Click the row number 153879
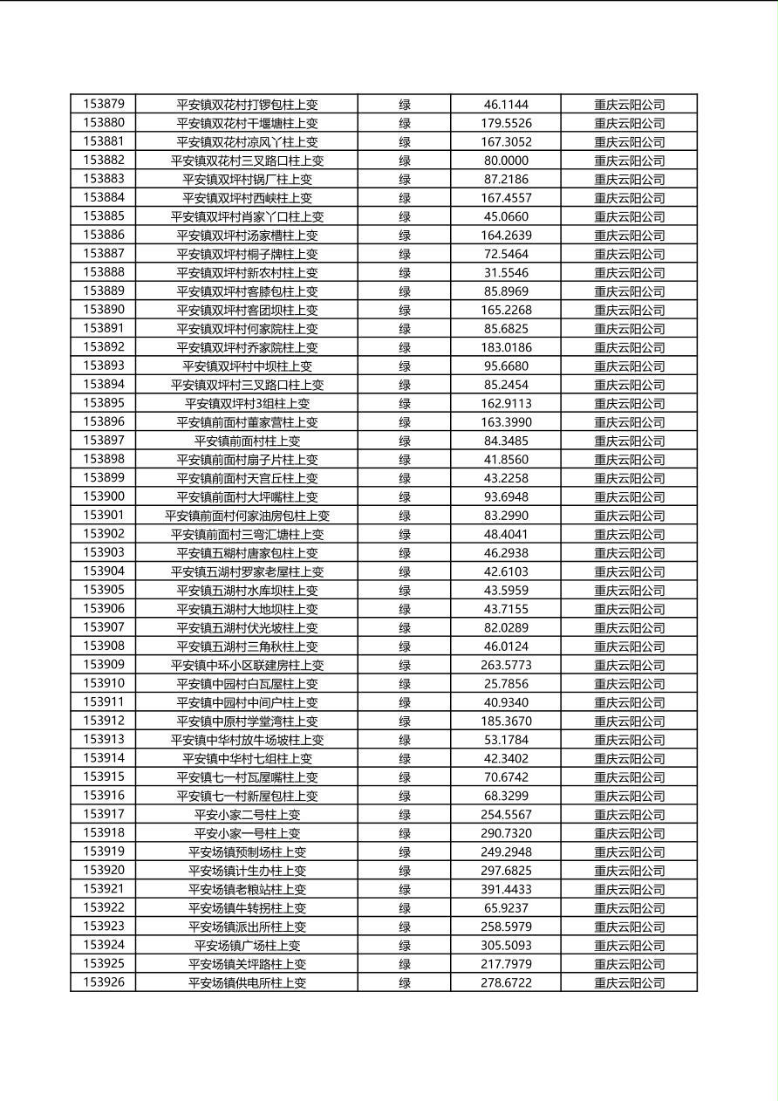point(104,104)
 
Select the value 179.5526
point(506,123)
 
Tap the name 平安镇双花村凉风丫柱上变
point(247,141)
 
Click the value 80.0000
point(506,161)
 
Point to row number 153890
point(104,310)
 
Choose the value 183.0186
point(506,347)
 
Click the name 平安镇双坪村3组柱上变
point(247,403)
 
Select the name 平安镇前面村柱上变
point(247,441)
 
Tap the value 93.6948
point(506,496)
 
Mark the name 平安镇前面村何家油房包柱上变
point(247,516)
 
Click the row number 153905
point(104,590)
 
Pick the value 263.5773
point(506,665)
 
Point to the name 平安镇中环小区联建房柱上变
point(247,665)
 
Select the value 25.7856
point(506,684)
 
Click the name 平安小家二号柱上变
point(247,815)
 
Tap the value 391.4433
point(506,889)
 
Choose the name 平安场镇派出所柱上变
point(247,927)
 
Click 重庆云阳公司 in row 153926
point(629,982)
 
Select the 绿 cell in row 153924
point(405,945)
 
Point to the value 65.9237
point(506,908)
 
